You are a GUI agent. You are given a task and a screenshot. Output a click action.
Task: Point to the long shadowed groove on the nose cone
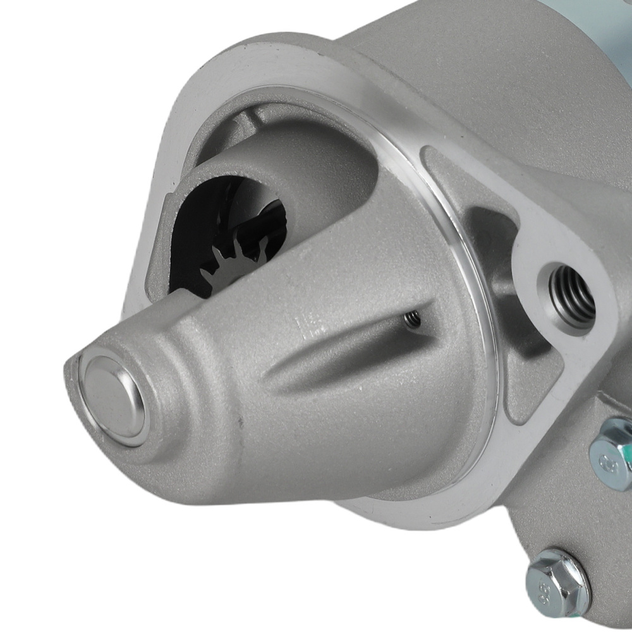(x=341, y=354)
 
